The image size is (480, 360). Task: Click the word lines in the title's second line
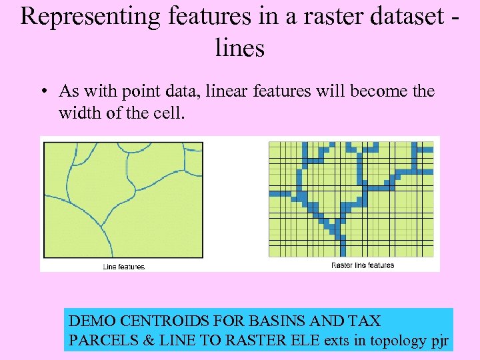(x=240, y=47)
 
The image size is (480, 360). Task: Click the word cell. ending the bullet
(x=167, y=113)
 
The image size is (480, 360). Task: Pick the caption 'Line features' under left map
(x=123, y=267)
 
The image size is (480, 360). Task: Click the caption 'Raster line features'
(x=363, y=265)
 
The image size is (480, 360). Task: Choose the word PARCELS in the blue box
(x=103, y=341)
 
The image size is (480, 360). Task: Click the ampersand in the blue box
(x=149, y=341)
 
